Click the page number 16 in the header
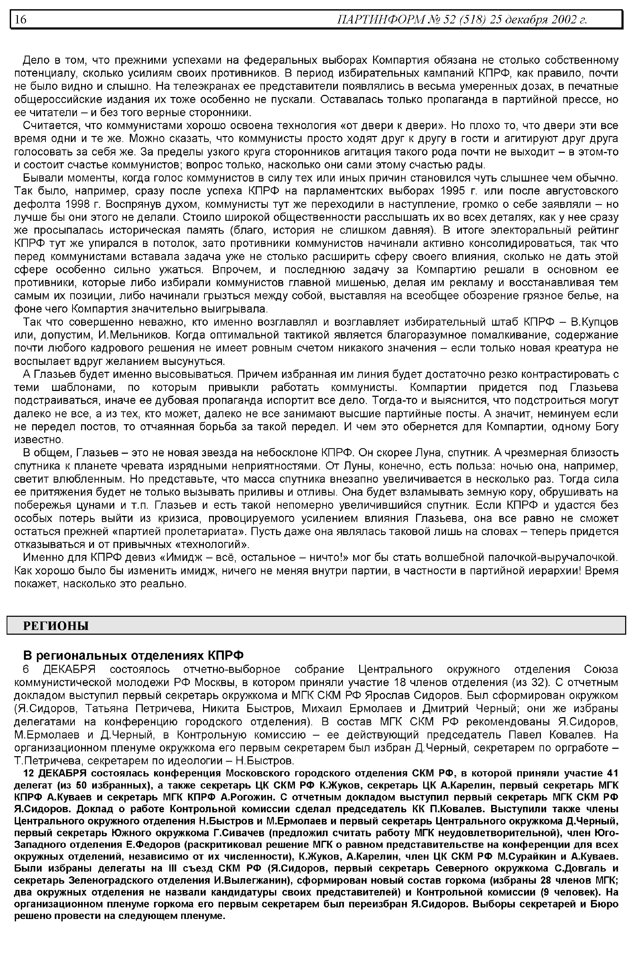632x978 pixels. coord(21,19)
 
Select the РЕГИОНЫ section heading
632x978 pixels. coord(56,626)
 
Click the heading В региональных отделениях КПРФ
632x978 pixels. coord(133,654)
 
